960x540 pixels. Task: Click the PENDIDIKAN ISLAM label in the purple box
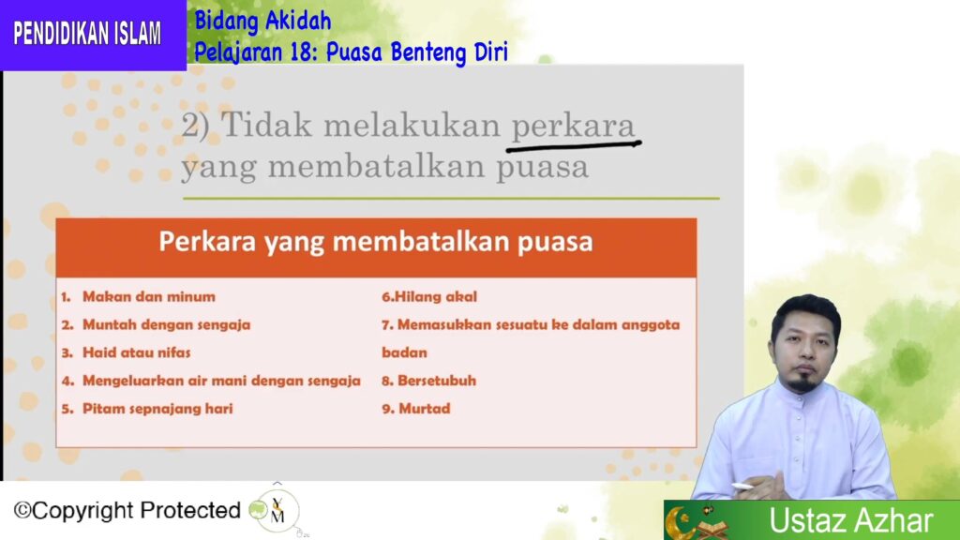(x=87, y=33)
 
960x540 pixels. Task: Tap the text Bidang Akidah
(x=262, y=22)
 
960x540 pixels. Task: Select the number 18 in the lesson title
(x=302, y=52)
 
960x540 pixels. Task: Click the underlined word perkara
(x=573, y=127)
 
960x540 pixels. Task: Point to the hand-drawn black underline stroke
(x=574, y=145)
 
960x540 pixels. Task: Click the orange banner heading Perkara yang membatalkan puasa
(x=376, y=241)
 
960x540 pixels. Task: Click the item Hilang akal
(x=429, y=297)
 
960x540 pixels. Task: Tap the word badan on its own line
(x=404, y=352)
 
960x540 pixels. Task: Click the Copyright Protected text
(x=127, y=510)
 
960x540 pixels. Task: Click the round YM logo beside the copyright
(x=277, y=511)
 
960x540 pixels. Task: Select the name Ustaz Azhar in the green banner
(x=850, y=520)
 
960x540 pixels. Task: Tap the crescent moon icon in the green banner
(x=679, y=523)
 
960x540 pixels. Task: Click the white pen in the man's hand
(x=742, y=487)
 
